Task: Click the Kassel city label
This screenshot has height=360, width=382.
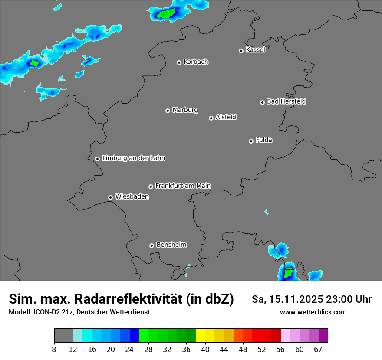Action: pyautogui.click(x=255, y=50)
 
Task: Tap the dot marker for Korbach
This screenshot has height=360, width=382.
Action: pyautogui.click(x=179, y=62)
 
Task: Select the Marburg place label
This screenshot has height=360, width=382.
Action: pyautogui.click(x=185, y=110)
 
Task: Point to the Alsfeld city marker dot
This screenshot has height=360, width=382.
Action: pyautogui.click(x=211, y=118)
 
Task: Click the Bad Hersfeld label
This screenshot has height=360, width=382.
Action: pyautogui.click(x=286, y=101)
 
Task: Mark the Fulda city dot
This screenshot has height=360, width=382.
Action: pyautogui.click(x=251, y=141)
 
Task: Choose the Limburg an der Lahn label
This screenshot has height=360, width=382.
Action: pyautogui.click(x=133, y=158)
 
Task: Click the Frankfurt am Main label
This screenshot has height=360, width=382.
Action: pyautogui.click(x=183, y=186)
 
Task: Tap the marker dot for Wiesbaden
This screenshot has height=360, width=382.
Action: pyautogui.click(x=110, y=197)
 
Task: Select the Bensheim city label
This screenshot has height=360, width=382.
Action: pyautogui.click(x=171, y=245)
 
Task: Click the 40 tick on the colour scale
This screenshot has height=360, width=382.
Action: pyautogui.click(x=205, y=349)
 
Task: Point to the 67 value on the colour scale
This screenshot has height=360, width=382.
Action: pyautogui.click(x=318, y=349)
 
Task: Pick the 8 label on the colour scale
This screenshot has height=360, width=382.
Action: pyautogui.click(x=54, y=349)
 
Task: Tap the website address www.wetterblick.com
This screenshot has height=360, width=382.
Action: pyautogui.click(x=313, y=312)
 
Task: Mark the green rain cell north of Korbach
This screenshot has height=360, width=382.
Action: pyautogui.click(x=165, y=14)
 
